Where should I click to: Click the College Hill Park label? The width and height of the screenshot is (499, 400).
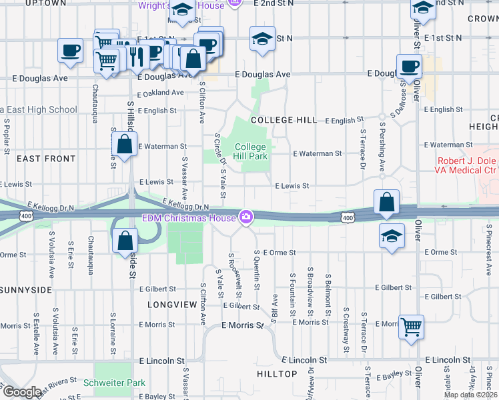tap(251, 151)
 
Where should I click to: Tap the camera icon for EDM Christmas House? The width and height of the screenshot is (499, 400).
tap(246, 217)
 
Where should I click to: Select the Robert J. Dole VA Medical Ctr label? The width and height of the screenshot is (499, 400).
tap(468, 166)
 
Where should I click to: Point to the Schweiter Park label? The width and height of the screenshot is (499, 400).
tap(114, 383)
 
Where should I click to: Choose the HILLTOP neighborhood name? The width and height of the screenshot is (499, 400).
tap(277, 374)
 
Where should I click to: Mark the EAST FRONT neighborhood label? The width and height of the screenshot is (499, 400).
tap(46, 159)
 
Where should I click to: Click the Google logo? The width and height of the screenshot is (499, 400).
tap(21, 392)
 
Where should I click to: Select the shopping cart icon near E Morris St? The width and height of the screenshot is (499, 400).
tap(412, 327)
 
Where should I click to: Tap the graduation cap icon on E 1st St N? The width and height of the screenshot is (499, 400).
tap(262, 39)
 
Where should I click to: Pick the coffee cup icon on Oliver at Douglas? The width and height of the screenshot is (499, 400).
tap(409, 66)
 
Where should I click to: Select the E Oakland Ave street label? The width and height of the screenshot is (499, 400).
tap(160, 93)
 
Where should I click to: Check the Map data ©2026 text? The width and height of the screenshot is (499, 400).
tap(470, 395)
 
